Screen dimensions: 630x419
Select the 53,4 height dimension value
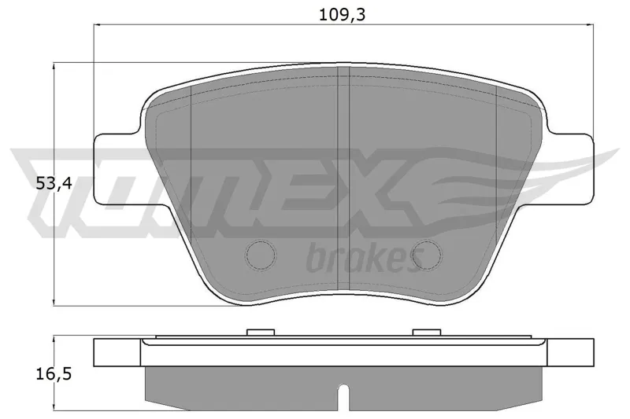54,184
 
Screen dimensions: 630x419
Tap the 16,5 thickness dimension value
54,374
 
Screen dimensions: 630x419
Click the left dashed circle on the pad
261,254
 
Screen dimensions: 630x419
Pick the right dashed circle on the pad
427,254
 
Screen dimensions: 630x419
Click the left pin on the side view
261,333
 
